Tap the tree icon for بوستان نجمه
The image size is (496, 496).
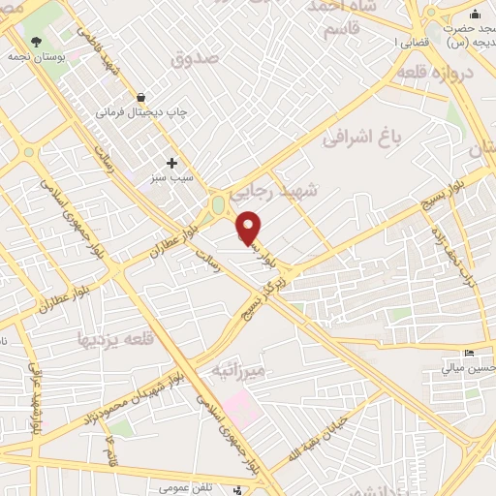pyautogui.click(x=37, y=42)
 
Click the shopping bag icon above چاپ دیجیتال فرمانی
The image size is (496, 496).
pyautogui.click(x=141, y=97)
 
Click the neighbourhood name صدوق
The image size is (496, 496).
pyautogui.click(x=196, y=60)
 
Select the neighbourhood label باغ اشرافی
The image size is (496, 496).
pyautogui.click(x=366, y=139)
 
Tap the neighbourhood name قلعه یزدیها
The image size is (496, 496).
pyautogui.click(x=109, y=339)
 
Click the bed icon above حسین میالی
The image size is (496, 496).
pyautogui.click(x=471, y=353)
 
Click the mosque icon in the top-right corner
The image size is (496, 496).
pyautogui.click(x=475, y=14)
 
